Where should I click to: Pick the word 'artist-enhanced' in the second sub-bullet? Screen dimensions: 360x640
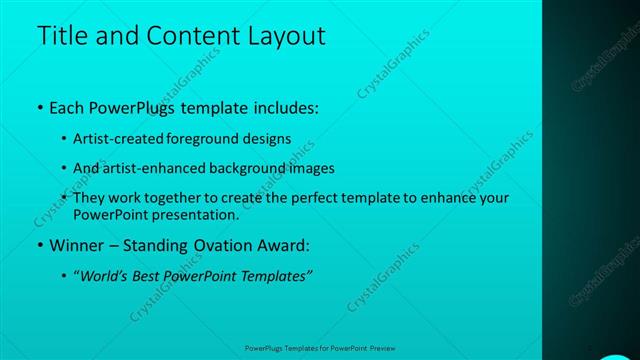151,168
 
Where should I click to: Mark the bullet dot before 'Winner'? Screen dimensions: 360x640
39,245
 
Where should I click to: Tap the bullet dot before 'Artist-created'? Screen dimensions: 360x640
65,139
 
